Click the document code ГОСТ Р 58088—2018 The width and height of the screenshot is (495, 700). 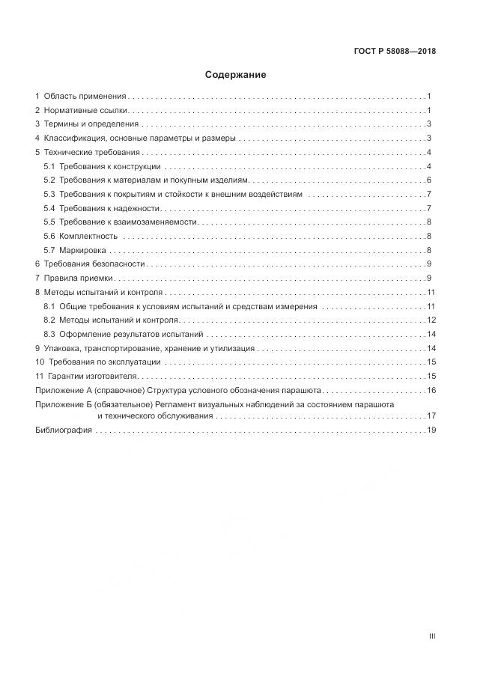(x=395, y=52)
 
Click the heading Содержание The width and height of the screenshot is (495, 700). (x=235, y=75)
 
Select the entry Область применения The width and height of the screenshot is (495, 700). (x=85, y=97)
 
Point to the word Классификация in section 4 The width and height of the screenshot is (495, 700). (x=74, y=139)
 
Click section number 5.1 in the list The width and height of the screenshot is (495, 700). (x=49, y=166)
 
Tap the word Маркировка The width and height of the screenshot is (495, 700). (x=83, y=250)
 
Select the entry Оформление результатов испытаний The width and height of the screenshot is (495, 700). (x=131, y=334)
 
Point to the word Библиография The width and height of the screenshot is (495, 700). (x=64, y=430)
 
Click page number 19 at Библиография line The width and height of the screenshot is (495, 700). (x=431, y=430)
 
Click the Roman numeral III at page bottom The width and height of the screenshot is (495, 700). (x=432, y=636)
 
